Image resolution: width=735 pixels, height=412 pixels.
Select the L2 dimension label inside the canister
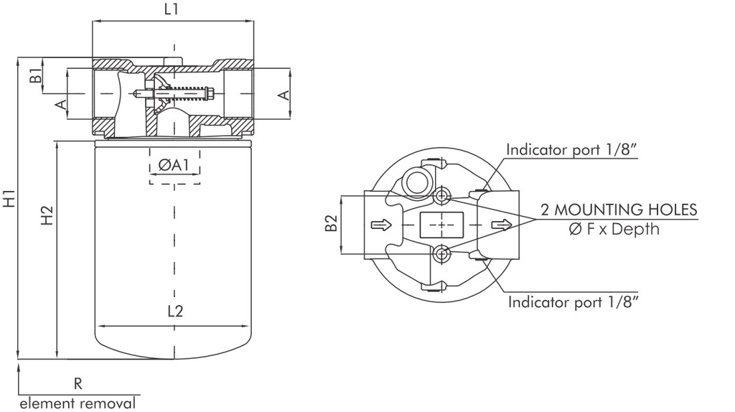coord(175,312)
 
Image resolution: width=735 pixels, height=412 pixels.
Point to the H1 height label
coord(9,198)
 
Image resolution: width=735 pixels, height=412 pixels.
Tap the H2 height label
coord(47,215)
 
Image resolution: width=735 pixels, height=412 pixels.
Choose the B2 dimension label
coord(331,224)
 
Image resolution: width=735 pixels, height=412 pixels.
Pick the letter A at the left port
coord(62,105)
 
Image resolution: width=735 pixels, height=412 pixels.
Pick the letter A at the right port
coord(284,94)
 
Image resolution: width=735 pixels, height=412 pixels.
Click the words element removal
coord(77,403)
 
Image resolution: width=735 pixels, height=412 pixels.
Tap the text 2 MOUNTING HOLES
coord(619,210)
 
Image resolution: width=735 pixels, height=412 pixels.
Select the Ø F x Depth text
coord(614,230)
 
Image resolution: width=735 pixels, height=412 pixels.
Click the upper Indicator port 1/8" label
coord(572,149)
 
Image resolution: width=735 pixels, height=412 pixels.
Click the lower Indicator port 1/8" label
coord(574,301)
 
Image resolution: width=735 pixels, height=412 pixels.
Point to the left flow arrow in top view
coord(381,225)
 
